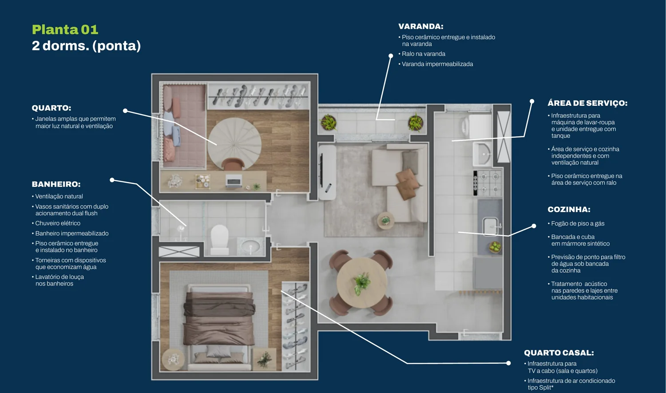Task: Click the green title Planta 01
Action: click(65, 29)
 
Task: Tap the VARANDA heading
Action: click(421, 27)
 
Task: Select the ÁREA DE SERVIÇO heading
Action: click(587, 103)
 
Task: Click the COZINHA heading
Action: click(569, 209)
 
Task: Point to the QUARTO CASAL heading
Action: click(559, 353)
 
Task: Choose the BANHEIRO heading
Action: click(56, 184)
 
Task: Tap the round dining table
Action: click(362, 282)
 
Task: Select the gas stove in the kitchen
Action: click(488, 183)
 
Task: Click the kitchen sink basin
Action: click(491, 226)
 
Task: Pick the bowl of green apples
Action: click(495, 247)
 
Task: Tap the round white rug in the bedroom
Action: click(234, 144)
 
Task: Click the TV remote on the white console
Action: click(328, 187)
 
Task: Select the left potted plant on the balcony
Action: click(328, 122)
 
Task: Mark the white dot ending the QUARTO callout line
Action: click(125, 111)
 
